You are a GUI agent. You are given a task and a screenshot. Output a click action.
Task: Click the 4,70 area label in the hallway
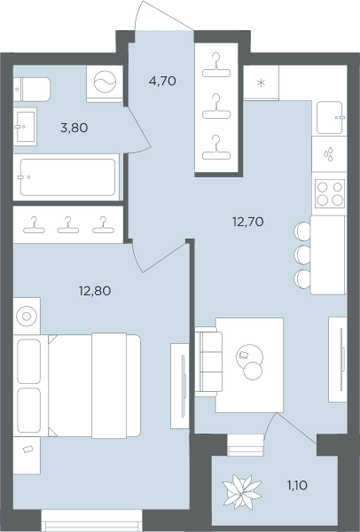[162, 81]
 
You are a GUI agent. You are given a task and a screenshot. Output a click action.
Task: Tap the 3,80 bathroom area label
[74, 128]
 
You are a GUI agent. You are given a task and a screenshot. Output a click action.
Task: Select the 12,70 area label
[247, 222]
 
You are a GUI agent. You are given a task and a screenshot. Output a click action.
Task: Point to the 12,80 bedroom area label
[95, 291]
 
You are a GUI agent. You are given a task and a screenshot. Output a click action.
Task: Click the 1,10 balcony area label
[297, 486]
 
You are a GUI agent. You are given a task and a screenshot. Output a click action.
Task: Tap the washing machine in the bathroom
[105, 82]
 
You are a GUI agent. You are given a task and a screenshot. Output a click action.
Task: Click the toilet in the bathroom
[32, 90]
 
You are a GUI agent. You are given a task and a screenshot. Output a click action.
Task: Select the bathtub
[67, 177]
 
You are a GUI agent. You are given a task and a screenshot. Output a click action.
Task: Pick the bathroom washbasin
[25, 127]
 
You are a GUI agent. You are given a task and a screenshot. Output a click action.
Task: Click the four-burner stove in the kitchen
[330, 193]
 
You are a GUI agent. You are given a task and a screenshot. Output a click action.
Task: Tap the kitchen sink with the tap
[330, 117]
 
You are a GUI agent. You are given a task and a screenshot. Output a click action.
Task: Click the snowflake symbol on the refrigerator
[261, 82]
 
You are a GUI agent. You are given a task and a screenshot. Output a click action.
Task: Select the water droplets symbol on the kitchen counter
[328, 154]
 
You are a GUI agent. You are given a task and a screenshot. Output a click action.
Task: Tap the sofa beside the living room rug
[208, 362]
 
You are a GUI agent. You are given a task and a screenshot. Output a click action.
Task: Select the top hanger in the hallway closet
[216, 65]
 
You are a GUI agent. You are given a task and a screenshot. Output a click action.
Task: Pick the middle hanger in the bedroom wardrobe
[68, 225]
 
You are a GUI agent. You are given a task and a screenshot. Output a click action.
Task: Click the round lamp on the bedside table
[27, 317]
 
